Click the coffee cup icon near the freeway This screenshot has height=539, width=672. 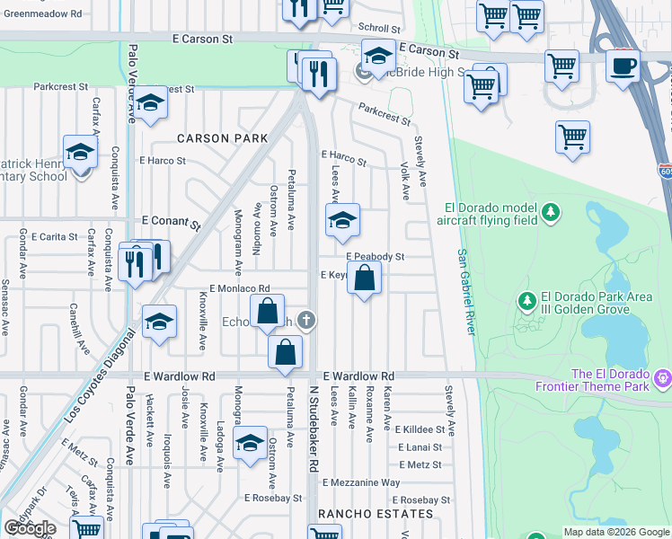click(x=623, y=65)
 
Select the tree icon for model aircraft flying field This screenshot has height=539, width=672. click(x=552, y=213)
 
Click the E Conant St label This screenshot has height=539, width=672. click(x=171, y=220)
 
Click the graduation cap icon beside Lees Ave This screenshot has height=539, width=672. click(x=342, y=221)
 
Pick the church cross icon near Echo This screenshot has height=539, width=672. click(x=306, y=320)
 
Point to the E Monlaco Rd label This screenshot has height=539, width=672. click(x=234, y=288)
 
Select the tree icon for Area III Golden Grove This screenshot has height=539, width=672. click(x=528, y=300)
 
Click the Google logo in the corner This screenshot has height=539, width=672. click(x=30, y=528)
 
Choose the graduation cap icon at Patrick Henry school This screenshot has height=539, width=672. click(x=81, y=152)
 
